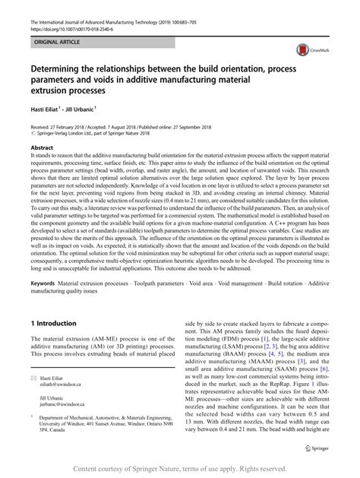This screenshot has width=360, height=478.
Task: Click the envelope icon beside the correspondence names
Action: (34, 377)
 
